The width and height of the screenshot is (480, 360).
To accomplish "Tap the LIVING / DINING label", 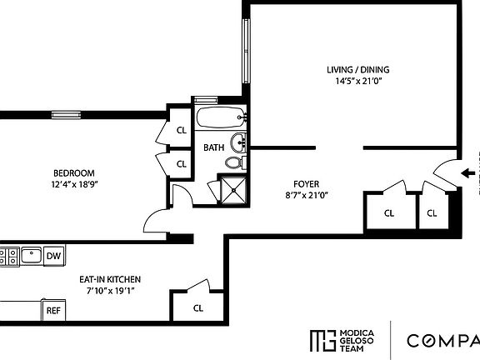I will [357, 70].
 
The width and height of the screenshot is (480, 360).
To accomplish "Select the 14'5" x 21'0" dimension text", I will [357, 82].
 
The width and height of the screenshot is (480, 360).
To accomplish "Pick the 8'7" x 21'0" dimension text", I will [306, 196].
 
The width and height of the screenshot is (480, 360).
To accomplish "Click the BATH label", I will [213, 148].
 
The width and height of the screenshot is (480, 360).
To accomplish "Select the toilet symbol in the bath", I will [237, 162].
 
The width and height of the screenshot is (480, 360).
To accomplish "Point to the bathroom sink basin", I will [239, 139].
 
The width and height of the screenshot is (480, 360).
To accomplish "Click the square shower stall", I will [233, 190].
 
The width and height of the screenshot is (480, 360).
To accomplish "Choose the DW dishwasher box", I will [53, 256].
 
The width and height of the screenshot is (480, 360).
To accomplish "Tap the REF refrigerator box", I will [53, 310].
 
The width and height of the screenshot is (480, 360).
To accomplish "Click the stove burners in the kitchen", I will [8, 256].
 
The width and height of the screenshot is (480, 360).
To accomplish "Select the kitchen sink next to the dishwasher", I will [32, 255].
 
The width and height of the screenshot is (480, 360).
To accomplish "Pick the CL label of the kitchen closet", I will [198, 307].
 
